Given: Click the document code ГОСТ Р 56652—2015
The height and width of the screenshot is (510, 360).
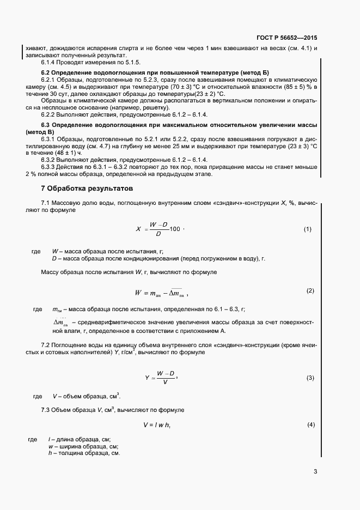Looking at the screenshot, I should (x=286, y=38).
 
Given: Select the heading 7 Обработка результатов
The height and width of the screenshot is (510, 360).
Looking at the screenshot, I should (x=87, y=188).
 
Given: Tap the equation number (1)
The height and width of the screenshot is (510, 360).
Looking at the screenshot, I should (x=307, y=229).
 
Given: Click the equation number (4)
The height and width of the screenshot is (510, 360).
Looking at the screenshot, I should (x=310, y=424).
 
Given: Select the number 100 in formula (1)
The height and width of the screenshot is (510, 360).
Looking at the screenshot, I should (x=175, y=229).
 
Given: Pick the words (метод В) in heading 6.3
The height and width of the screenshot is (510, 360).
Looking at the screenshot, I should (x=40, y=132).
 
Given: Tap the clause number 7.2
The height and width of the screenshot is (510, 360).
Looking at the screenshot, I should (x=46, y=345).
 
